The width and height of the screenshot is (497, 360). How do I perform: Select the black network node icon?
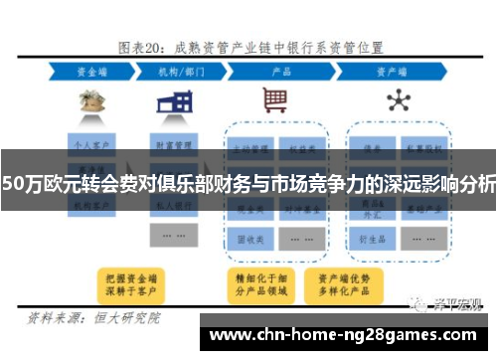[x=399, y=101]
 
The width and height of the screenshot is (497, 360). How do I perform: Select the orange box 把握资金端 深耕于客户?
[x=130, y=283]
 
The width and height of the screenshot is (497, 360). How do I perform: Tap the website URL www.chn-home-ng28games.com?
[x=347, y=334]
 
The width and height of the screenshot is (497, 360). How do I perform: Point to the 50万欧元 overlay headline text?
[x=248, y=183]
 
